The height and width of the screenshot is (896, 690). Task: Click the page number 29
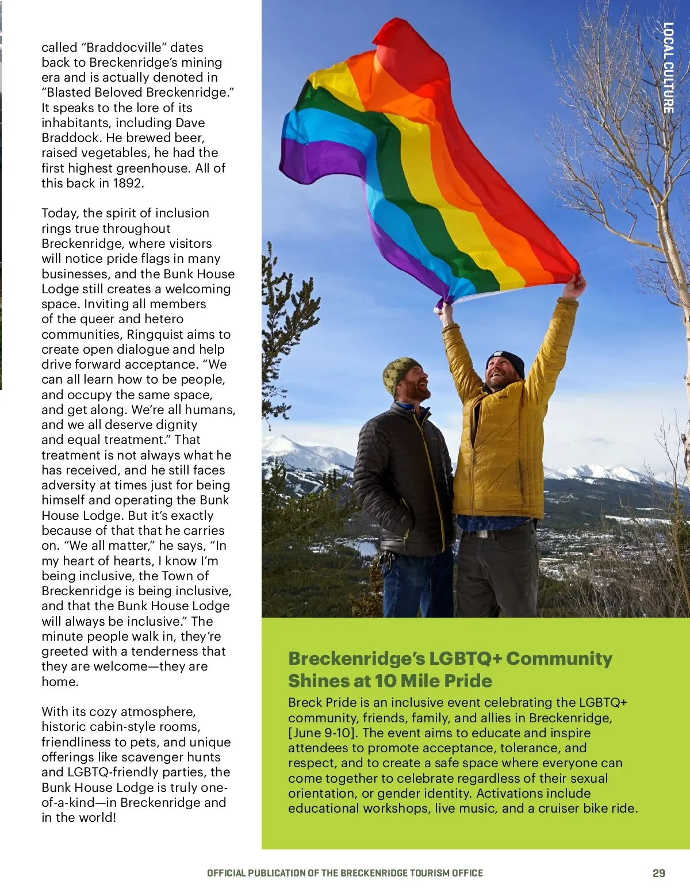[x=658, y=873]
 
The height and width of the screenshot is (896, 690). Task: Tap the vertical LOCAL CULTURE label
[x=668, y=67]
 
